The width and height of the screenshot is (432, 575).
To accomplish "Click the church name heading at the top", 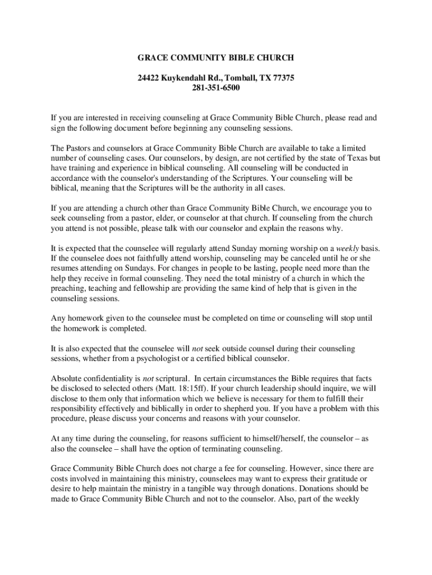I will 216,57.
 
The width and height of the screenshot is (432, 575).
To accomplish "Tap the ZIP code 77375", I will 282,77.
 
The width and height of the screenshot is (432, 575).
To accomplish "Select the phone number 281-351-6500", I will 216,88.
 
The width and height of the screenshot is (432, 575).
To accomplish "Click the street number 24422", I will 149,77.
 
